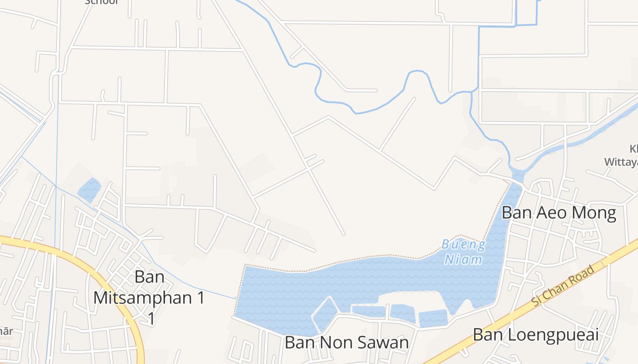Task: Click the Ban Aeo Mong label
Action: [x=559, y=212]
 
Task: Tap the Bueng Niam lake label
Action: [x=463, y=252]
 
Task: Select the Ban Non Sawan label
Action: [x=346, y=343]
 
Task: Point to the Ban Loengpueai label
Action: [x=535, y=335]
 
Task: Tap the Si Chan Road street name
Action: [x=563, y=286]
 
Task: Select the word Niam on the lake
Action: [x=463, y=259]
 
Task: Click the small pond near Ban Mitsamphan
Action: [x=89, y=189]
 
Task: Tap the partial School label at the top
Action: [x=102, y=2]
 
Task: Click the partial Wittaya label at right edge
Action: [x=621, y=162]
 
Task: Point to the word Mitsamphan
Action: [x=149, y=298]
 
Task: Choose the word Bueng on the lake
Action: [x=464, y=245]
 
